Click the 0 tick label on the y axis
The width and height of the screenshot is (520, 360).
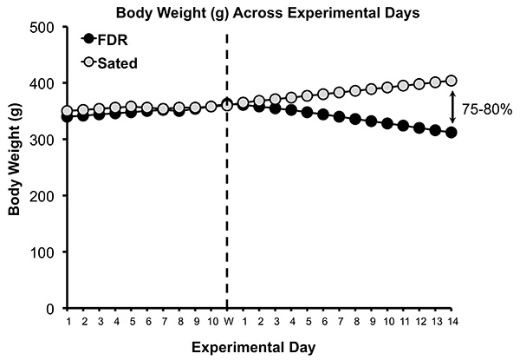point(51,308)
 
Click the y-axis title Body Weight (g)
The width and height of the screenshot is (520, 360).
point(14,167)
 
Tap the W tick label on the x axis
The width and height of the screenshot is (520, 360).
point(227,323)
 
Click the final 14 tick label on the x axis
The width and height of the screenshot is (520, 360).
point(451,323)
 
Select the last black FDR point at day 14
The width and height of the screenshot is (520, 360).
point(451,133)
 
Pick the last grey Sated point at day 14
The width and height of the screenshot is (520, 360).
point(451,81)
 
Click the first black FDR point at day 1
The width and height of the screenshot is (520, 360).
point(68,116)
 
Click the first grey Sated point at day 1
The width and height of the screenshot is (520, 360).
point(68,111)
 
